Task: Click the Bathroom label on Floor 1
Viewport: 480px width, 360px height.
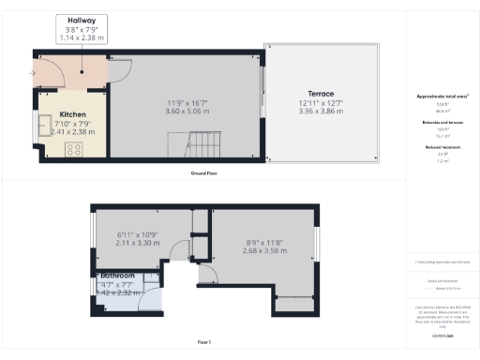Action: point(118,277)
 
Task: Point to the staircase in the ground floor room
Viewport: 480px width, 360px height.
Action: point(185,145)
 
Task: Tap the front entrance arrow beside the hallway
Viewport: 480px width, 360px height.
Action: point(33,71)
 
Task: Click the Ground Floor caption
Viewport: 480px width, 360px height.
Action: point(204,174)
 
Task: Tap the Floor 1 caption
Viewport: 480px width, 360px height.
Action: point(204,342)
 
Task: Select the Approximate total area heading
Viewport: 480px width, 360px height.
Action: point(441,96)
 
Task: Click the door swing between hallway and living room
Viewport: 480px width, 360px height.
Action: point(120,68)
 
